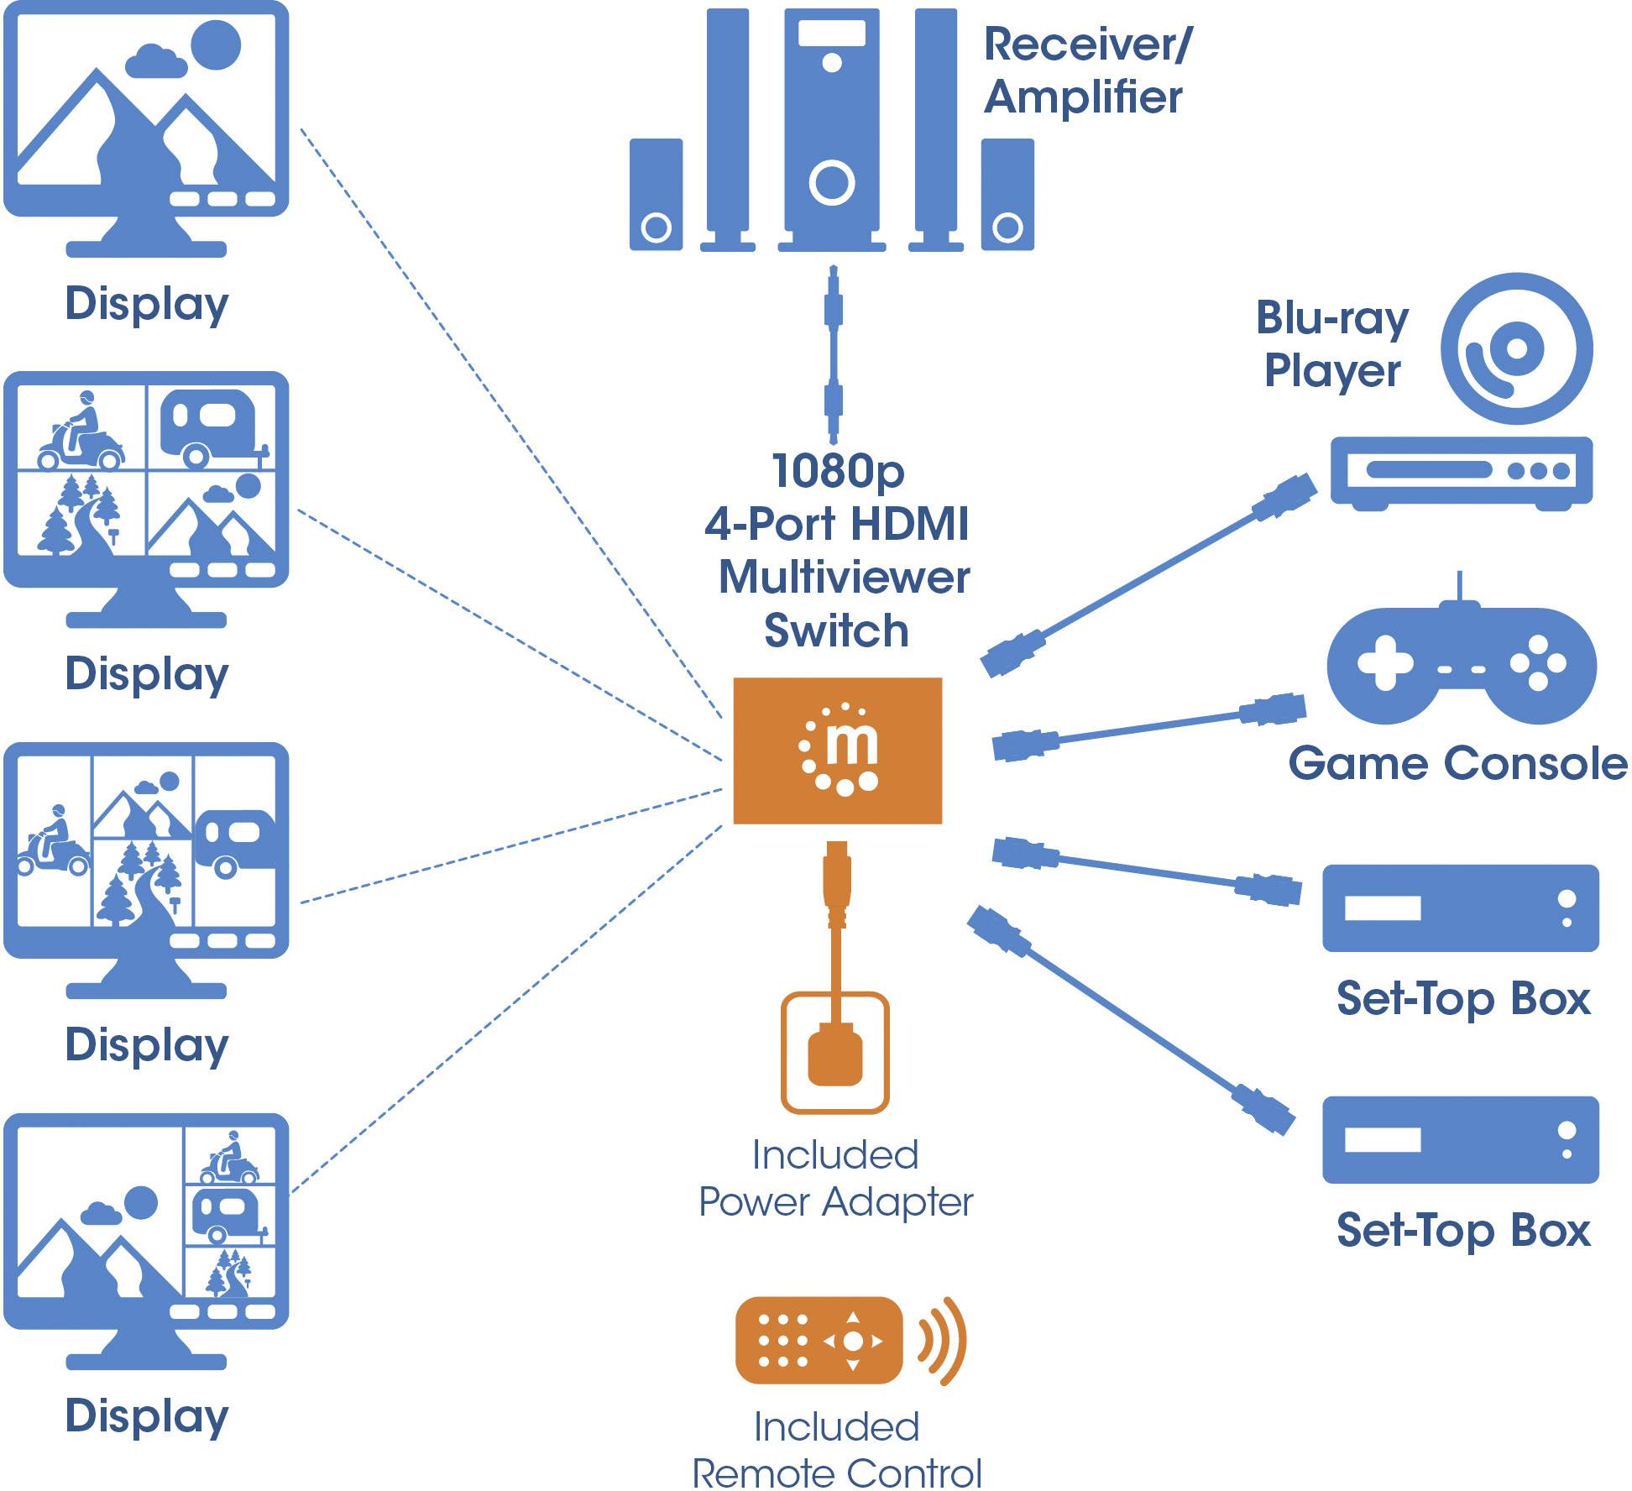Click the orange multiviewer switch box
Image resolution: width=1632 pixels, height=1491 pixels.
pyautogui.click(x=837, y=750)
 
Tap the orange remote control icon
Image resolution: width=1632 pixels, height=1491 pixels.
pyautogui.click(x=819, y=1341)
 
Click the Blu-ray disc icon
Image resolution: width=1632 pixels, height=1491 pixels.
pyautogui.click(x=1516, y=348)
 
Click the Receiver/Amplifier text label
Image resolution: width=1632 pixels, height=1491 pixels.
pyautogui.click(x=1086, y=71)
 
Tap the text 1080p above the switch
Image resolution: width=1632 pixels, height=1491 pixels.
pyautogui.click(x=837, y=471)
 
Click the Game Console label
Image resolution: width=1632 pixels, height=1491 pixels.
pyautogui.click(x=1457, y=763)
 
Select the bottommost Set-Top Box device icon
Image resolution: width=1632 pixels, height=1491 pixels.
pyautogui.click(x=1460, y=1139)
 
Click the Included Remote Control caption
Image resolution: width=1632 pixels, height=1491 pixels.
pyautogui.click(x=837, y=1450)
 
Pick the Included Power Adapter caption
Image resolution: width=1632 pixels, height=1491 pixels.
pyautogui.click(x=835, y=1178)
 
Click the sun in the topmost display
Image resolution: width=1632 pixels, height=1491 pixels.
pyautogui.click(x=216, y=44)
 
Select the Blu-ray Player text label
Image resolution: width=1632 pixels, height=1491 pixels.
pyautogui.click(x=1332, y=344)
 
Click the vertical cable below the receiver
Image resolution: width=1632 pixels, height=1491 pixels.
pyautogui.click(x=833, y=353)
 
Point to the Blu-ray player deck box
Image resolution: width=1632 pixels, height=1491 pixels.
pyautogui.click(x=1461, y=472)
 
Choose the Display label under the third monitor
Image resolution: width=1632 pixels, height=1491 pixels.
pyautogui.click(x=147, y=1045)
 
